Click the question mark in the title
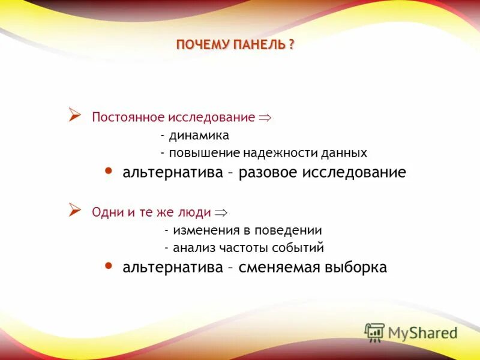coord(292,45)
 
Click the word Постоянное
coord(123,117)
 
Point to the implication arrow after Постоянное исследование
coord(265,118)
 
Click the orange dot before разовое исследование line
coord(109,172)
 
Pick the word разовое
coord(269,173)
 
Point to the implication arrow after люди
coord(221,212)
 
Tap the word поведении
coord(290,230)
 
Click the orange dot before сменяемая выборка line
coord(109,266)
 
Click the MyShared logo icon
coord(374,332)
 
